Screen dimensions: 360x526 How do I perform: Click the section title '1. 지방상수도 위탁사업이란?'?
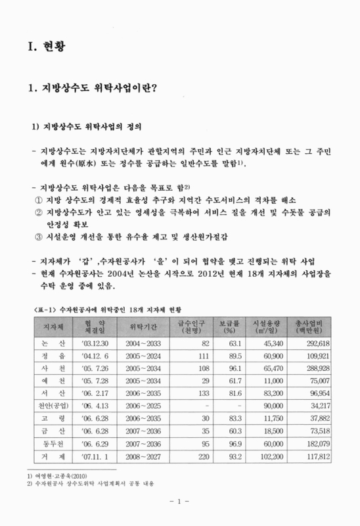pyautogui.click(x=93, y=87)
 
